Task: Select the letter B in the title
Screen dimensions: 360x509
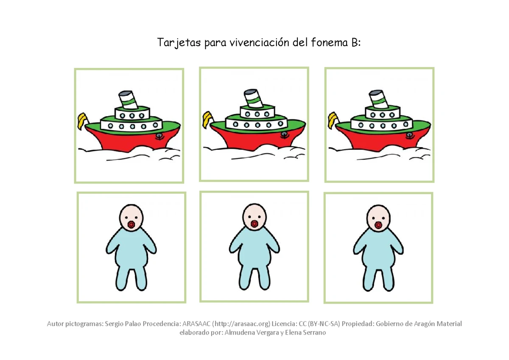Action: [354, 43]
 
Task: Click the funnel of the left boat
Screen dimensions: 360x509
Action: [126, 100]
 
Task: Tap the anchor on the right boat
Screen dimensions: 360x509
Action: [409, 135]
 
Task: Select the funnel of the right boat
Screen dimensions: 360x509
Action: [377, 98]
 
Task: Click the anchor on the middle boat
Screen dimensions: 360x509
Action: [284, 134]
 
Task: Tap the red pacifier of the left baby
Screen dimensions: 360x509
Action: [131, 224]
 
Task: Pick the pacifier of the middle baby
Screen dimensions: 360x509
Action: [255, 223]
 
